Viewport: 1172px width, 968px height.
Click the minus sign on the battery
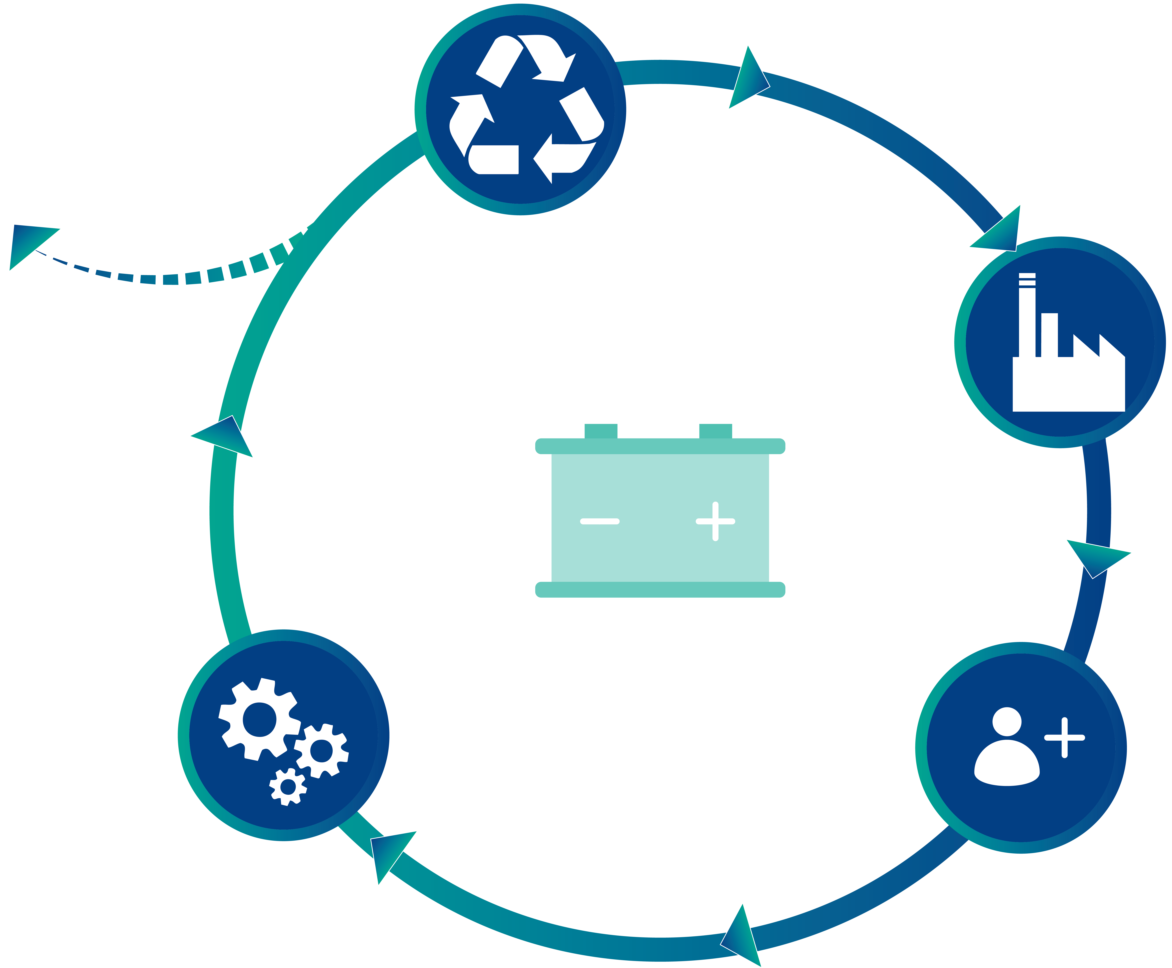pyautogui.click(x=599, y=521)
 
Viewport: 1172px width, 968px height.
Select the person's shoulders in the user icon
pyautogui.click(x=1006, y=764)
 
